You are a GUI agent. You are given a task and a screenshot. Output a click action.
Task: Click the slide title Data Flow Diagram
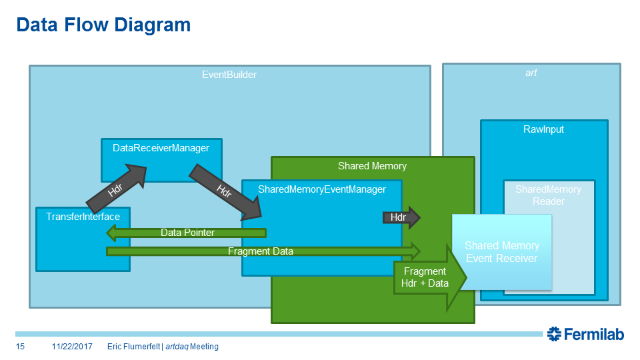pos(103,25)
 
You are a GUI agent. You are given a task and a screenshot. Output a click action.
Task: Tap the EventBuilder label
pos(229,75)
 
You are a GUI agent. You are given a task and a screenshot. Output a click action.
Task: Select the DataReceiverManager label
pos(161,148)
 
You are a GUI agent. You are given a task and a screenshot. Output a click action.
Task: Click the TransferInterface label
pos(83,217)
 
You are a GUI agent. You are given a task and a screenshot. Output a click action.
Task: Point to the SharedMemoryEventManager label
pos(321,189)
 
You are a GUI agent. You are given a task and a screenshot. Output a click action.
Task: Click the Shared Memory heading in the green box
pos(372,166)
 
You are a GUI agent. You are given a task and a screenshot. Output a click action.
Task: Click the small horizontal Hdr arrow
pos(400,217)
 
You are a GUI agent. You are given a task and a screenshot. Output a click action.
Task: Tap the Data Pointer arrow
pos(187,233)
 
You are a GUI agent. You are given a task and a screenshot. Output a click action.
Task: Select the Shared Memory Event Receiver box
pos(501,252)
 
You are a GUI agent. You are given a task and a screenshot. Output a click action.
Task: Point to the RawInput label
pos(543,129)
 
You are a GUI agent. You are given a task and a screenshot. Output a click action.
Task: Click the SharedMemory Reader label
pos(548,195)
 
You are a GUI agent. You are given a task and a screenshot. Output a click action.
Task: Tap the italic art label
pos(531,73)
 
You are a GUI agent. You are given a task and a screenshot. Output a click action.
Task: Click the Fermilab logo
pos(585,334)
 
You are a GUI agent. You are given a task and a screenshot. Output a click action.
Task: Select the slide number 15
pos(20,347)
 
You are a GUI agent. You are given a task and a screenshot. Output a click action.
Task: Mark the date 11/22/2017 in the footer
pos(71,347)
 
